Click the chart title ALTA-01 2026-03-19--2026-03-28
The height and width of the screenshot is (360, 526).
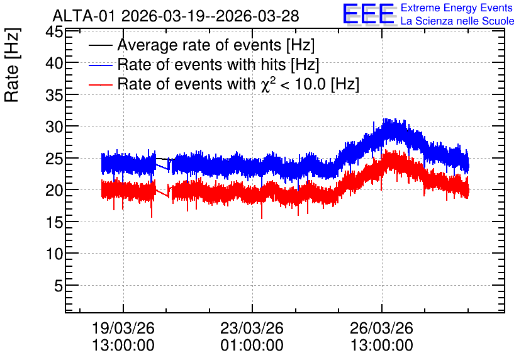click(176, 16)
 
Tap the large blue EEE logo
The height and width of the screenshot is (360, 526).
click(369, 14)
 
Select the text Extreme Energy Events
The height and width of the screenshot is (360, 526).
click(457, 8)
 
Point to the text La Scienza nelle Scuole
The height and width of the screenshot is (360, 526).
click(457, 21)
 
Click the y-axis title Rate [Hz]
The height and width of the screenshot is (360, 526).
click(12, 65)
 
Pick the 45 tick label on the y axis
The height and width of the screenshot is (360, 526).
click(54, 32)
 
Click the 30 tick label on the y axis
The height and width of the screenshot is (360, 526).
click(54, 127)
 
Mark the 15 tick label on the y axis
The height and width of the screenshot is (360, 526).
click(54, 222)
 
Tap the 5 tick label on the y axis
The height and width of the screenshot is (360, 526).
click(59, 286)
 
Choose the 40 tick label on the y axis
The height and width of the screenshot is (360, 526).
click(54, 63)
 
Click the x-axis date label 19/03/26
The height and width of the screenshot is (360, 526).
click(123, 328)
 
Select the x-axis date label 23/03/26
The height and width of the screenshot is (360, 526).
click(252, 328)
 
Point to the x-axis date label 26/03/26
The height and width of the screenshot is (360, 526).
click(381, 328)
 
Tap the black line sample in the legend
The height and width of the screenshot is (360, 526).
click(100, 45)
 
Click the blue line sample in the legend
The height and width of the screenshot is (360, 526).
click(100, 65)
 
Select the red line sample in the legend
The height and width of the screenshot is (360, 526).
click(100, 84)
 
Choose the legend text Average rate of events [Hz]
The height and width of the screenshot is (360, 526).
click(216, 45)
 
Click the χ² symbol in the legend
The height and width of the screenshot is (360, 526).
click(268, 84)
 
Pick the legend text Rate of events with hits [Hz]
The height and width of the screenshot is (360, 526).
click(218, 65)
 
